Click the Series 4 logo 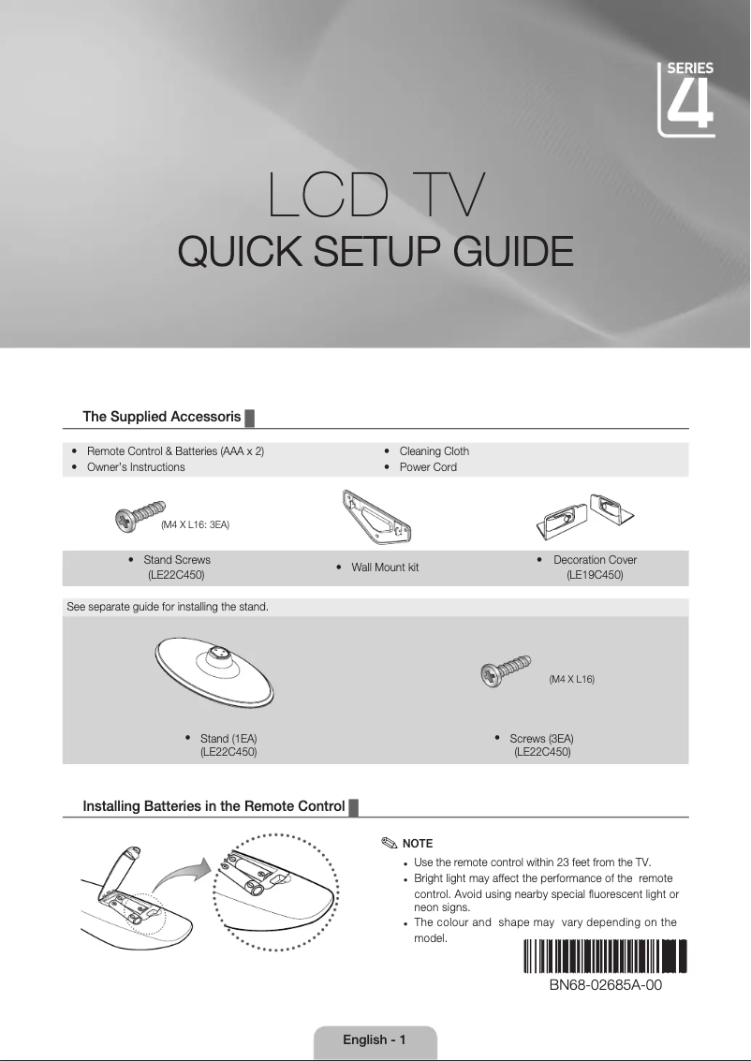tap(688, 99)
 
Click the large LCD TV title tap(375, 196)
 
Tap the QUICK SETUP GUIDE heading tap(375, 252)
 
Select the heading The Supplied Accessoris tap(162, 417)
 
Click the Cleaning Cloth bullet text tap(434, 451)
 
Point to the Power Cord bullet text tap(428, 467)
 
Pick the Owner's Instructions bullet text tap(136, 467)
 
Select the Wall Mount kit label tap(384, 567)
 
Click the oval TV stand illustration tap(216, 669)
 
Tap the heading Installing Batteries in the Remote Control tap(214, 806)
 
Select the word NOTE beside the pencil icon tap(417, 845)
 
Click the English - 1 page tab tap(375, 1040)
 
